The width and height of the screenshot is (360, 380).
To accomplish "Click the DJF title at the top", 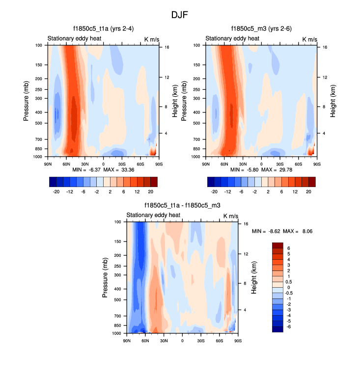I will coord(180,15).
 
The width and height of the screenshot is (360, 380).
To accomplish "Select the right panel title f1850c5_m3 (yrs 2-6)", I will coord(261,29).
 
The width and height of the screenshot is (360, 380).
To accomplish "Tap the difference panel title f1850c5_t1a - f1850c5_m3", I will coord(182,206).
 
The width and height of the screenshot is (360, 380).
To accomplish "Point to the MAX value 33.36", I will coord(131,169).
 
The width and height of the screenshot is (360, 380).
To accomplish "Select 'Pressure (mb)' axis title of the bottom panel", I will coord(105,277).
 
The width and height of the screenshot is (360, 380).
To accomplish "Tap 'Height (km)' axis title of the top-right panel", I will coord(333,100).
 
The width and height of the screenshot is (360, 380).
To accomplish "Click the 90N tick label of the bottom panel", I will coord(126,340).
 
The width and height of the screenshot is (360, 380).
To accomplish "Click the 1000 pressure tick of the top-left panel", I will coord(39,157).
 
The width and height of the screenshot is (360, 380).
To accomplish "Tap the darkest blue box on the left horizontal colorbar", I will coord(53,182).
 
